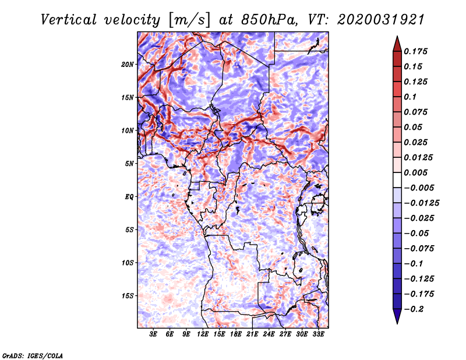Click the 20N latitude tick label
[128, 65]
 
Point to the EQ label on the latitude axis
[129, 197]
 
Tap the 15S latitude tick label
[128, 296]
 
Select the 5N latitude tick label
[129, 164]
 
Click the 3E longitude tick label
[153, 334]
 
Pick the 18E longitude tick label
[236, 334]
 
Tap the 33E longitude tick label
[318, 334]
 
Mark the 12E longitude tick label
[203, 334]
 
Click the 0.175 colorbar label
[415, 51]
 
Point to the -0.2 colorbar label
[414, 309]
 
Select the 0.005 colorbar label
[415, 172]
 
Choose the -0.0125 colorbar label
[421, 203]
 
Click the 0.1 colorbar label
[410, 97]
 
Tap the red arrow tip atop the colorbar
[397, 36]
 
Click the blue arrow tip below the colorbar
[397, 323]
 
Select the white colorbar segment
[397, 180]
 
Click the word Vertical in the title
[69, 20]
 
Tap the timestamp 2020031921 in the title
[381, 20]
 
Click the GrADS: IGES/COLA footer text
[33, 355]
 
